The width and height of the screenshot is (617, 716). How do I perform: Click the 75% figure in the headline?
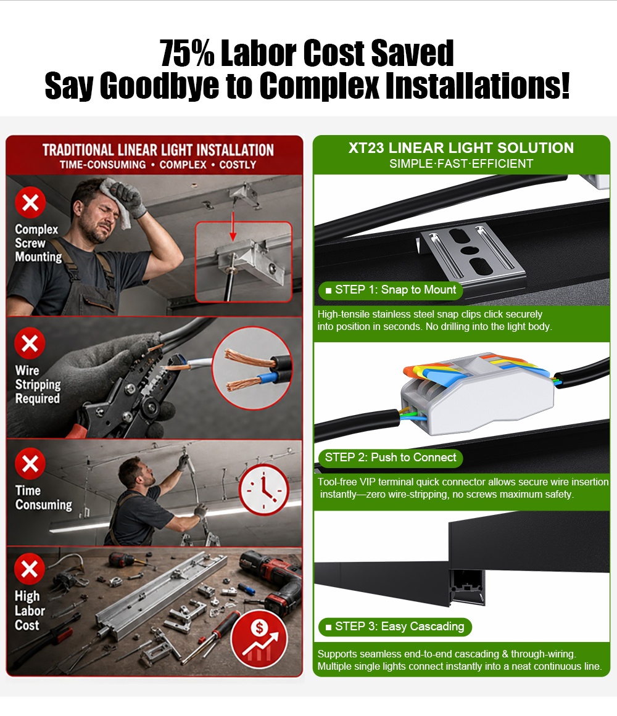point(187,54)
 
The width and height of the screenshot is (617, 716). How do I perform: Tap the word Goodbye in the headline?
point(159,85)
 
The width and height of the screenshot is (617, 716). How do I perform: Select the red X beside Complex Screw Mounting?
point(31,202)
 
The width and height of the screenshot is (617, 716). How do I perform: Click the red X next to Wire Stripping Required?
point(30,343)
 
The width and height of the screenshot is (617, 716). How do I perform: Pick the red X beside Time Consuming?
point(30,464)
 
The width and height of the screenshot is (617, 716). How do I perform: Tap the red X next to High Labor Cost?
point(30,569)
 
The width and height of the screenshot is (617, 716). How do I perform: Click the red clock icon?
point(263,490)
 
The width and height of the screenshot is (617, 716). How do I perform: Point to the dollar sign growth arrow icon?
point(259,639)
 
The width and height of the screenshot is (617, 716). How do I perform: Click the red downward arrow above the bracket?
point(233,226)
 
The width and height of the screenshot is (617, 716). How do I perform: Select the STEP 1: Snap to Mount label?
point(391,290)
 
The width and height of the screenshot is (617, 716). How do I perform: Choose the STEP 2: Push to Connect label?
point(391,458)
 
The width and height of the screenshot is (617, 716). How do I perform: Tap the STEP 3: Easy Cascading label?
point(395,627)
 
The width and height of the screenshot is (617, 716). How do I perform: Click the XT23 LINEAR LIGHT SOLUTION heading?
point(462,148)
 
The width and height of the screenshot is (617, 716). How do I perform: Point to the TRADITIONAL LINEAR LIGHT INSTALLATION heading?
point(158,150)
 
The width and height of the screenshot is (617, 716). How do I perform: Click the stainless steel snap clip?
point(472,252)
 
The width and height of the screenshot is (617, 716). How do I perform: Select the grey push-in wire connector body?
point(478,397)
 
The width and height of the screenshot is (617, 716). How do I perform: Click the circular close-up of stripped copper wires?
point(253,368)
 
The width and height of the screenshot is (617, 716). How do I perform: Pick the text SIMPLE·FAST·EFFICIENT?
point(462,164)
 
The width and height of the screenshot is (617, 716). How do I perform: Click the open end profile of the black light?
point(467,586)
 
